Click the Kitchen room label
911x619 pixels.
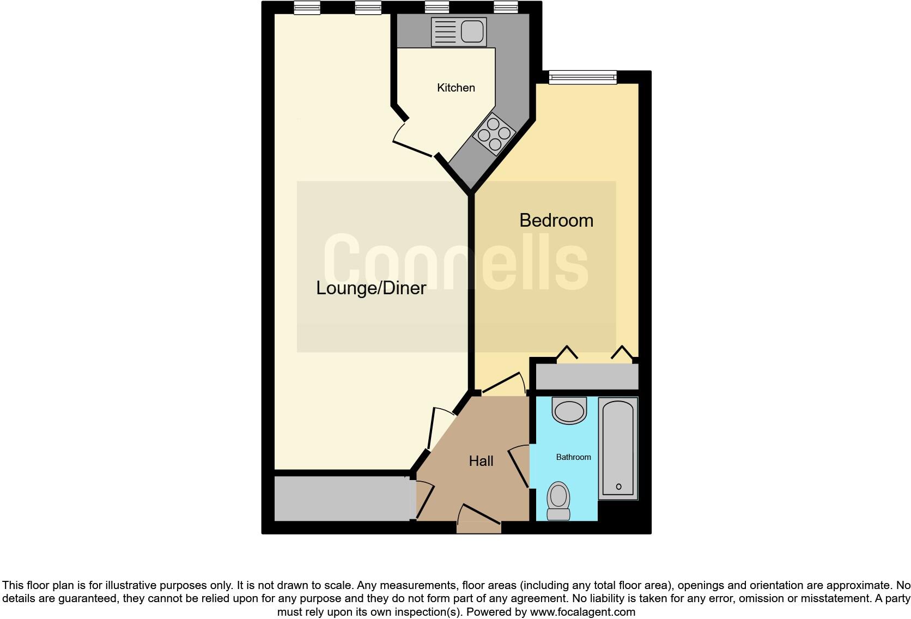[x=456, y=88]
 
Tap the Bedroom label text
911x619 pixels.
[x=556, y=221]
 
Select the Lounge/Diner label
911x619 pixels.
[x=371, y=288]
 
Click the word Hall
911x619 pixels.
[x=481, y=462]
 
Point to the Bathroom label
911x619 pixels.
[x=573, y=457]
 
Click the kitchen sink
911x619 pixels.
[x=458, y=32]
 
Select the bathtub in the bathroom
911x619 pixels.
[x=618, y=448]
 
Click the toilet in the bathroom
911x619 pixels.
[x=558, y=501]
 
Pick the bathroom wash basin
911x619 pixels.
[x=569, y=410]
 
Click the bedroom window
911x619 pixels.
[x=582, y=77]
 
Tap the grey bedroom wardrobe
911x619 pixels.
[x=587, y=377]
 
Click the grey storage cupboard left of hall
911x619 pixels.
[x=342, y=498]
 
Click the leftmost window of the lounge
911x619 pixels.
[x=307, y=8]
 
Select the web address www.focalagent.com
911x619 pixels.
[x=582, y=612]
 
